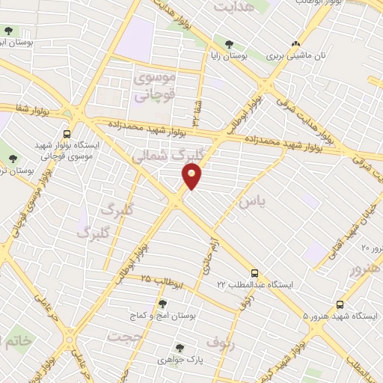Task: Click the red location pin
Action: (192, 176)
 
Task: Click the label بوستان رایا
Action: (227, 57)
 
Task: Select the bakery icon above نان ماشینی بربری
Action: (296, 44)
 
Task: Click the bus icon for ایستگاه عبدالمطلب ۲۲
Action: (255, 274)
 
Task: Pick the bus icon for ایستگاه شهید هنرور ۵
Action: (340, 304)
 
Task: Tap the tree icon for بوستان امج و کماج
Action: (162, 304)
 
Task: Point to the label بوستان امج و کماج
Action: (172, 316)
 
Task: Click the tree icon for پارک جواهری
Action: (180, 347)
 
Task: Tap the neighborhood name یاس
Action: (251, 202)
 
